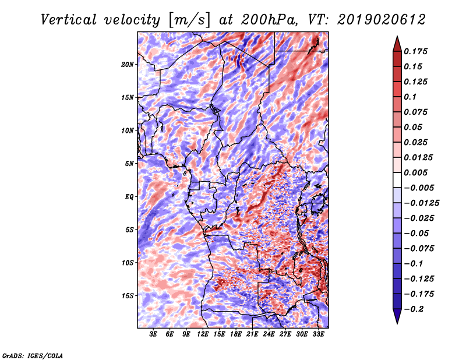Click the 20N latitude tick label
point(128,65)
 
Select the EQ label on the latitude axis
point(129,197)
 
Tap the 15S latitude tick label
point(128,296)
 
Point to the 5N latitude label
point(129,164)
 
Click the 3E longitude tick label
point(153,334)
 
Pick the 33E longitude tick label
point(318,334)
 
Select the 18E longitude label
point(236,334)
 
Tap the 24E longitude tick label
point(269,334)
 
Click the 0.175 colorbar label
point(415,51)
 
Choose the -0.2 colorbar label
point(414,309)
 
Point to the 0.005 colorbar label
point(415,172)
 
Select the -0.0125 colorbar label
point(421,203)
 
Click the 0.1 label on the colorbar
point(410,97)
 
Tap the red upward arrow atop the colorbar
point(397,44)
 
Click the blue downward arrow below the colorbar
point(397,316)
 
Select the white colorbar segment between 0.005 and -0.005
point(397,180)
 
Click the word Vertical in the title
point(69,20)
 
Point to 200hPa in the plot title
point(269,20)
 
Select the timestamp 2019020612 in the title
point(382,20)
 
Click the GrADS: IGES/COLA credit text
point(33,355)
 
